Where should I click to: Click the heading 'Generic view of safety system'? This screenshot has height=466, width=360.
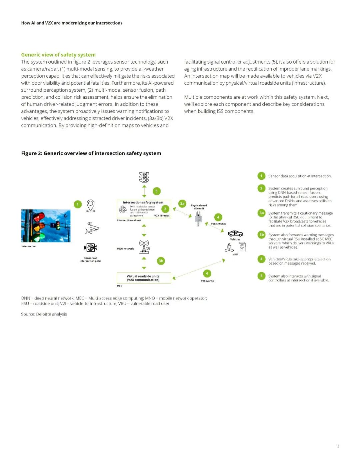(58, 55)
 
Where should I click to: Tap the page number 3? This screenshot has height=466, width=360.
(337, 446)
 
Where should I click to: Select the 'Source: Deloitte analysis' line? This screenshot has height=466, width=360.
(44, 314)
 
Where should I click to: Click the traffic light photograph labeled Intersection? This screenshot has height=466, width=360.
(46, 226)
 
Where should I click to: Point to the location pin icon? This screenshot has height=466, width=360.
(91, 205)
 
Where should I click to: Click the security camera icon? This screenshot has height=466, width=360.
(92, 228)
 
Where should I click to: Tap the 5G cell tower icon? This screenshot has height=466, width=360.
(144, 247)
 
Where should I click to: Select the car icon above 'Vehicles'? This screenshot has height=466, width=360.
(235, 234)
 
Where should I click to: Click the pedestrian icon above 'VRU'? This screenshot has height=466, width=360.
(229, 248)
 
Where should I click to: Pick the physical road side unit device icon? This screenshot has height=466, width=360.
(199, 219)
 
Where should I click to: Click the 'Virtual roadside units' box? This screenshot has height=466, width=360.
(144, 278)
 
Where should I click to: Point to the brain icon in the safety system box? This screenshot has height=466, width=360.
(123, 209)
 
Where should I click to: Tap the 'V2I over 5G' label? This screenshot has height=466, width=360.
(208, 281)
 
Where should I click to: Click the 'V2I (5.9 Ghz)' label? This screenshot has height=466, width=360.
(218, 224)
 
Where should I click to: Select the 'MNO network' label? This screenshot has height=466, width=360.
(125, 249)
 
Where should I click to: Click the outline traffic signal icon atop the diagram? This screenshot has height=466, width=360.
(144, 177)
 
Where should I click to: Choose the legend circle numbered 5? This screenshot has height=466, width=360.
(261, 276)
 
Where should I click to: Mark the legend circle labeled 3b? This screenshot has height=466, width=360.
(262, 235)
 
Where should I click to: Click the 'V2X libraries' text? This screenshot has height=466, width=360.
(162, 216)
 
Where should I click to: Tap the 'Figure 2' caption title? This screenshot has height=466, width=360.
(91, 153)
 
